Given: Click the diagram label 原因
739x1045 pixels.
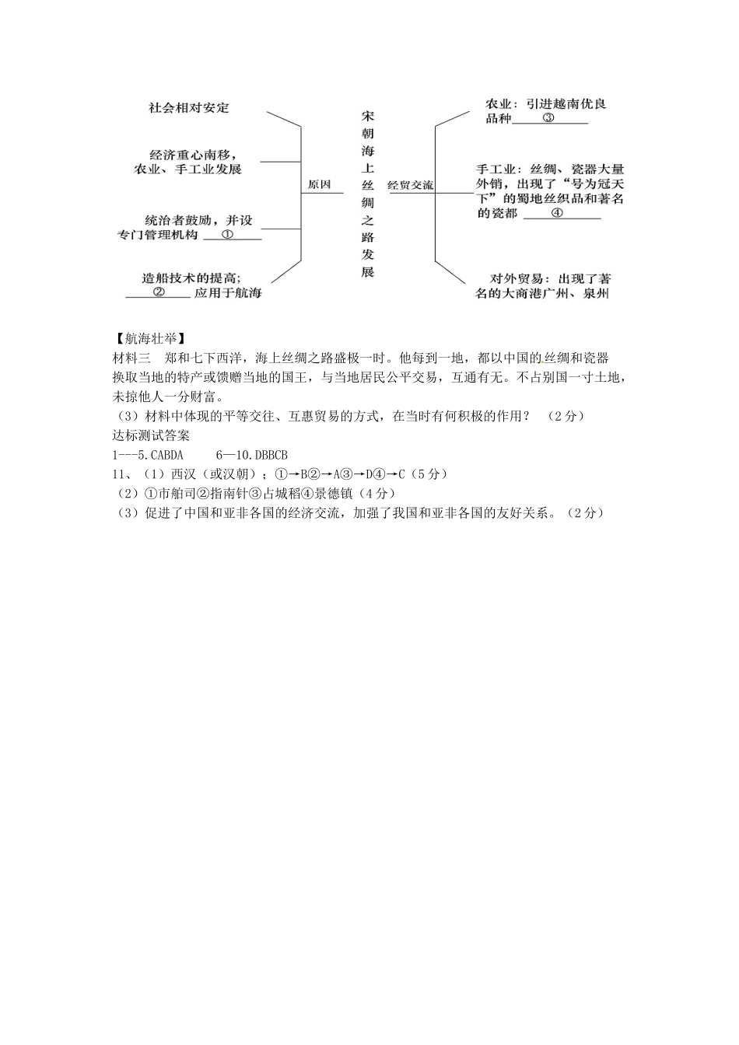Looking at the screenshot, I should pos(320,185).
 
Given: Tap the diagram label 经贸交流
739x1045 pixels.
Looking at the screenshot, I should pos(410,186).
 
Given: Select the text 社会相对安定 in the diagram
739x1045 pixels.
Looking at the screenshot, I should pos(189,108).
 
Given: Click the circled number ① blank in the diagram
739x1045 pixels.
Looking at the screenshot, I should pos(228,234).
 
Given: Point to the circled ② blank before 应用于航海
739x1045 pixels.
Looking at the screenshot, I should pos(158,292).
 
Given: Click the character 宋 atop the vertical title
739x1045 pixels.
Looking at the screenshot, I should pos(368,116).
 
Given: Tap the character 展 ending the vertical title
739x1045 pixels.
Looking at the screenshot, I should pos(368,272).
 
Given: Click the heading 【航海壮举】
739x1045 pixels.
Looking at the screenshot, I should pos(149,338).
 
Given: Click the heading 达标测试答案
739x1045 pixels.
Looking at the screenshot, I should pos(152,435).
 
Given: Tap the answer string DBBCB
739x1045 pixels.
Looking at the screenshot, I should pos(271,456).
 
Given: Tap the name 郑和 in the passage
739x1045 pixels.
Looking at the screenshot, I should pos(177,358).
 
